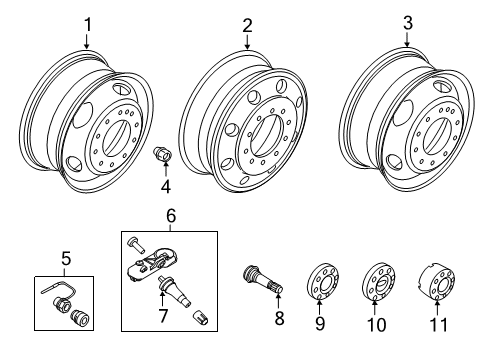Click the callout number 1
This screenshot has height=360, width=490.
pyautogui.click(x=87, y=23)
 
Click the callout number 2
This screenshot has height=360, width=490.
pyautogui.click(x=247, y=23)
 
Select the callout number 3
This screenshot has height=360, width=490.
pyautogui.click(x=407, y=22)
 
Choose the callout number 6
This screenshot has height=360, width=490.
pyautogui.click(x=171, y=216)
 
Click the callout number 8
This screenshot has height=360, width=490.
pyautogui.click(x=279, y=318)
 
